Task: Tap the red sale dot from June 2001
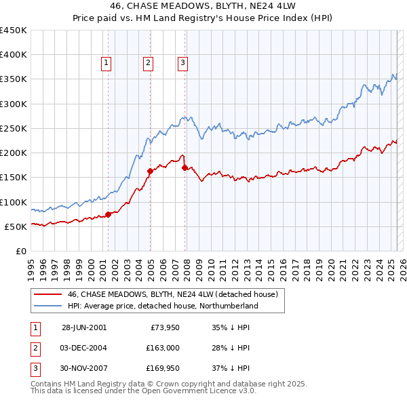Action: click(109, 214)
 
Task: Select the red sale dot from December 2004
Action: click(150, 171)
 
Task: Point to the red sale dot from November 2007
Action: click(185, 167)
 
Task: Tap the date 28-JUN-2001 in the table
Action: click(84, 327)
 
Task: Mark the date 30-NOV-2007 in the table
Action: click(84, 369)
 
